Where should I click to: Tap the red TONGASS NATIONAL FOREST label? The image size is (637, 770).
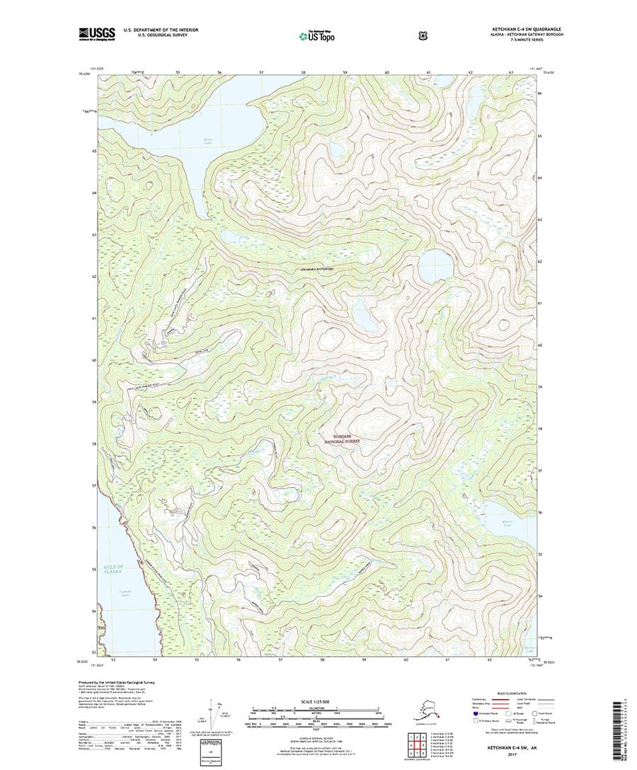(342, 439)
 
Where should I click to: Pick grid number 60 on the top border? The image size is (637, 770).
(387, 73)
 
